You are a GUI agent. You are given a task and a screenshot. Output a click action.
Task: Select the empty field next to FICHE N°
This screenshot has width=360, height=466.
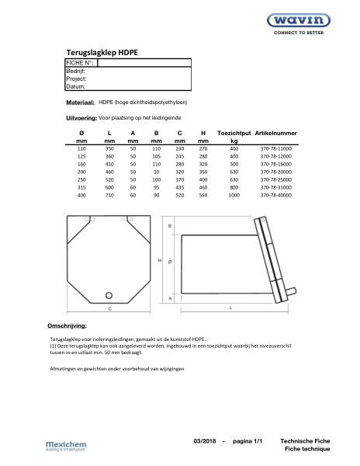[x=143, y=62]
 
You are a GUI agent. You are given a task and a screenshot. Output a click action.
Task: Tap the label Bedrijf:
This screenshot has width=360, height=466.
[x=76, y=71]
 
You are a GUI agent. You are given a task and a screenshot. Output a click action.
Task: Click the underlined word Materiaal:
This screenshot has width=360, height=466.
[x=80, y=102]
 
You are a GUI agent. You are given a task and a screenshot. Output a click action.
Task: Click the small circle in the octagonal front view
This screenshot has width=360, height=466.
[x=109, y=294]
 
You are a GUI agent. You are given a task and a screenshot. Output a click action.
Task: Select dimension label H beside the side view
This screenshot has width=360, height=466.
[x=161, y=261]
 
